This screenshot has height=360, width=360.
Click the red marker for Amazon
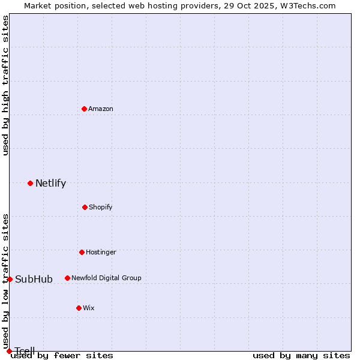[x=85, y=109]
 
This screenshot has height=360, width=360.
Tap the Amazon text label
[x=101, y=109]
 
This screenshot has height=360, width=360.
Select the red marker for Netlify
[x=30, y=183]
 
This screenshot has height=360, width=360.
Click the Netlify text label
[x=50, y=184]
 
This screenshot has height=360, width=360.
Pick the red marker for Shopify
[x=85, y=207]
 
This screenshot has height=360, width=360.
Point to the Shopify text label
[x=101, y=208]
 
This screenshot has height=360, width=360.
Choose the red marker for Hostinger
[x=82, y=252]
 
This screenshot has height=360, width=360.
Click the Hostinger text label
[x=101, y=253]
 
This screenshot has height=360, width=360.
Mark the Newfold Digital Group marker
[x=67, y=278]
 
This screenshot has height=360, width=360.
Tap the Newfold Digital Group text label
[x=106, y=278]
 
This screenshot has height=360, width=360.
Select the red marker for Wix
[x=79, y=308]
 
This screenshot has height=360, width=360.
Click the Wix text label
[x=89, y=308]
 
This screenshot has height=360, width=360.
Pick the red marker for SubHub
[x=10, y=279]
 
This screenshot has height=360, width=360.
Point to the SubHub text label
[x=34, y=280]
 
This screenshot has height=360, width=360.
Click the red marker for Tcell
[x=9, y=351]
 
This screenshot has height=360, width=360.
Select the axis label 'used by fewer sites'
[x=62, y=356]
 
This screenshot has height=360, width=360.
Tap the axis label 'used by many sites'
[x=301, y=356]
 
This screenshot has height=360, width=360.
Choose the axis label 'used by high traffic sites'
[x=5, y=85]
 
